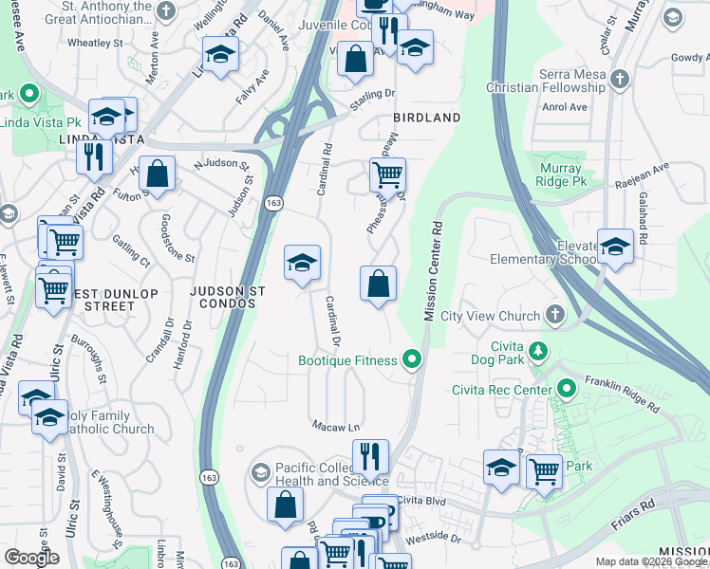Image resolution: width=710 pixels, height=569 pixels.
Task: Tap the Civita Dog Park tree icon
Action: (x=539, y=351)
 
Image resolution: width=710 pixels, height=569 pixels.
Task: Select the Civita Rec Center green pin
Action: (x=567, y=389)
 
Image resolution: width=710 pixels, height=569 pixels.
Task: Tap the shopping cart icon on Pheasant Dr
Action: (x=387, y=175)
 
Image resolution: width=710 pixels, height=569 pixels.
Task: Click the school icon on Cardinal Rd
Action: (x=303, y=263)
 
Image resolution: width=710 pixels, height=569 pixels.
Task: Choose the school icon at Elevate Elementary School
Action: (x=615, y=248)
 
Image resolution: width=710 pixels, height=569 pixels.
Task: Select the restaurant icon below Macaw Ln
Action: (x=370, y=457)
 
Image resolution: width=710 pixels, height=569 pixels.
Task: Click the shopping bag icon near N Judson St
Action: (x=159, y=174)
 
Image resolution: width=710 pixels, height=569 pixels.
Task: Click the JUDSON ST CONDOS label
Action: (x=224, y=297)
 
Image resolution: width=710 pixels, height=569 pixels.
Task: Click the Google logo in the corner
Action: (x=31, y=558)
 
